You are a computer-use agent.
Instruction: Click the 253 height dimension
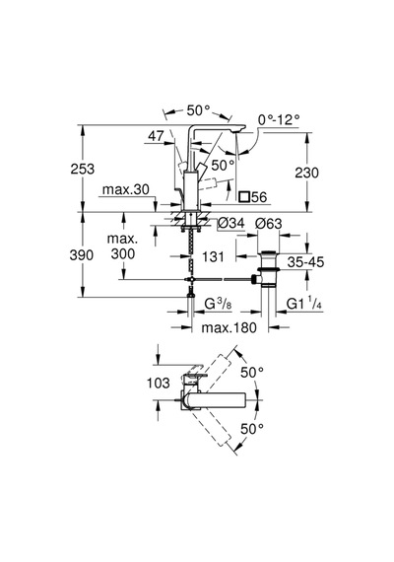[83, 169]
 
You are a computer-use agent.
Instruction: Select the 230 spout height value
[306, 173]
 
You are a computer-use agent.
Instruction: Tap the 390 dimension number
[82, 255]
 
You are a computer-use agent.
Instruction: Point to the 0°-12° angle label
[279, 119]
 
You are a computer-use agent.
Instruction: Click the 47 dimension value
[157, 136]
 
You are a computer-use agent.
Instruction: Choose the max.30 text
[126, 189]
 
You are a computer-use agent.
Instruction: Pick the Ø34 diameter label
[231, 223]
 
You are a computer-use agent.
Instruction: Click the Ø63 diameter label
[269, 224]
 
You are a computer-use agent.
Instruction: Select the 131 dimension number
[213, 256]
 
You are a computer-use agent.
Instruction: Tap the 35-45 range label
[305, 262]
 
